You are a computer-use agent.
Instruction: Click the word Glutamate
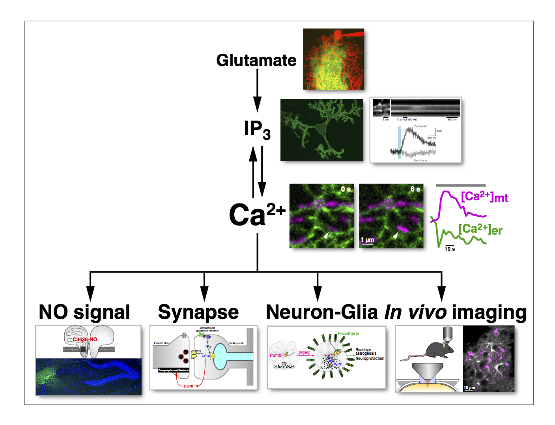256,60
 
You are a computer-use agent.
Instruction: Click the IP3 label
257,130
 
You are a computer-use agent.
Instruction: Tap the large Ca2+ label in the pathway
257,215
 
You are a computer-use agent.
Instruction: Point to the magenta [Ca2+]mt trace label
484,197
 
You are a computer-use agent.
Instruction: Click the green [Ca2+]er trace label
480,229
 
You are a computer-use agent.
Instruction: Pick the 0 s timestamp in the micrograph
346,189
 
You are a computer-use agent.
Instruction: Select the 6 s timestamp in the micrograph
415,189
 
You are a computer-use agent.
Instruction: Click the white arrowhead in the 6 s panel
395,235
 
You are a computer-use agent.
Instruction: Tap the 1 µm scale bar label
367,240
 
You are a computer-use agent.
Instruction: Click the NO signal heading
84,312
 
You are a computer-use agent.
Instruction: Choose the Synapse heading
198,312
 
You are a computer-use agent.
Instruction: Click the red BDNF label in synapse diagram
189,386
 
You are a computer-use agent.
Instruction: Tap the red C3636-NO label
85,339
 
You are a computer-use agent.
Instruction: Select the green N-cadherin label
348,333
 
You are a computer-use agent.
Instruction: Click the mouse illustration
430,351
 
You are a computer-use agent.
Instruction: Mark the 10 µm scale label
469,387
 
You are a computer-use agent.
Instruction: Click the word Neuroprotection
370,359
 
